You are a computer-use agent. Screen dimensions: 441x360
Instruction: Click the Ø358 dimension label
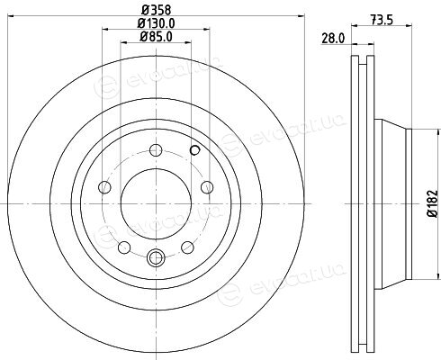(157, 10)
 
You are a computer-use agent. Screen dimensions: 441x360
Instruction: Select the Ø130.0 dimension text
(156, 23)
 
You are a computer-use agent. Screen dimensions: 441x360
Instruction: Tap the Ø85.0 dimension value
(156, 37)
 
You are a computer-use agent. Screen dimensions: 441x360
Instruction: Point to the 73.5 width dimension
(382, 21)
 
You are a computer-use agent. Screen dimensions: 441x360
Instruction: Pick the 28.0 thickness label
(333, 39)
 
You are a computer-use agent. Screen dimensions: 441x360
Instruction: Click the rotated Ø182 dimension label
(433, 203)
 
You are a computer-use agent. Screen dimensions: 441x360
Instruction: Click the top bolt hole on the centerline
(156, 150)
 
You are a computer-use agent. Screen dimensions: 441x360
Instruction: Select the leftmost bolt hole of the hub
(104, 187)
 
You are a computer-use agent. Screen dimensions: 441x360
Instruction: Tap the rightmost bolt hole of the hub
(207, 187)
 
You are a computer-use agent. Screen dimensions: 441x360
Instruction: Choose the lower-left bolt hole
(124, 247)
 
